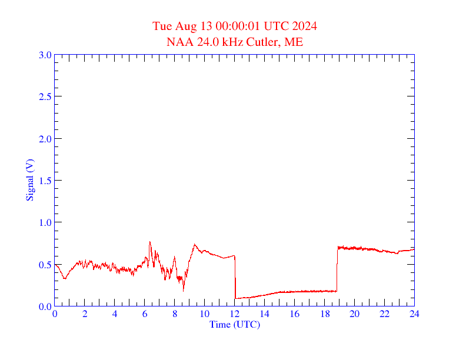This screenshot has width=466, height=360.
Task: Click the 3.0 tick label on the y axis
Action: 45,55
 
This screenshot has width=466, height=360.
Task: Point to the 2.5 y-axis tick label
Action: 45,96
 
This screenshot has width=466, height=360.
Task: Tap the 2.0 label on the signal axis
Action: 45,139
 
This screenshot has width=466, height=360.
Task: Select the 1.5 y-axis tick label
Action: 45,181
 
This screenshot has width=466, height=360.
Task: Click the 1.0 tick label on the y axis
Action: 45,222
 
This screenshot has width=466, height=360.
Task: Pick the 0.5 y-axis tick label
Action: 45,265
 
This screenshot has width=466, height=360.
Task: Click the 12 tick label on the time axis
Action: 235,314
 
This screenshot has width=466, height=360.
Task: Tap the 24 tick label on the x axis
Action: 414,314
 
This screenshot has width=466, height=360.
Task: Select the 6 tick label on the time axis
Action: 145,314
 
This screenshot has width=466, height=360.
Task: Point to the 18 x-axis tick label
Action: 324,314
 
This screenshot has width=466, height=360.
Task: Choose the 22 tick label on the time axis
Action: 384,314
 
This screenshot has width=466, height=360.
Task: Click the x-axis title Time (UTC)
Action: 235,324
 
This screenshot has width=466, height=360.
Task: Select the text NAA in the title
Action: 177,42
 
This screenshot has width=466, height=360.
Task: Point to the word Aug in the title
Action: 184,26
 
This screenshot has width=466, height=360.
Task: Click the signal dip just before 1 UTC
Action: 65,278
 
